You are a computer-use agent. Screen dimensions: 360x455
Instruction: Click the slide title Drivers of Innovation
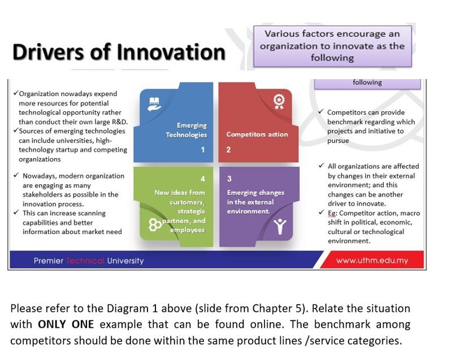pos(118,52)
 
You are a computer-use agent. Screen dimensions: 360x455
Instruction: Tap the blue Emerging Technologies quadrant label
pos(187,130)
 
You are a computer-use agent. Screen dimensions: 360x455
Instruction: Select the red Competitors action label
pos(257,135)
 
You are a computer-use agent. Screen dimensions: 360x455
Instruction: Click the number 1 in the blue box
pos(202,150)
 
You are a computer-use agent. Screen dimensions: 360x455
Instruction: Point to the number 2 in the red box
pos(228,150)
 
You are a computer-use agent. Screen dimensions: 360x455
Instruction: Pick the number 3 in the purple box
pos(229,179)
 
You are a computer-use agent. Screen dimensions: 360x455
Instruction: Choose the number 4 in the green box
pos(202,179)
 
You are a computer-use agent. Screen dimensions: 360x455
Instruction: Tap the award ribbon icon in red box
pos(278,101)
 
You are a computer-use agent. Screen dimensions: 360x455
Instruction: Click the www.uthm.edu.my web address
pos(371,261)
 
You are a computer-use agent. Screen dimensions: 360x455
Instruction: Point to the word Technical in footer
pos(85,261)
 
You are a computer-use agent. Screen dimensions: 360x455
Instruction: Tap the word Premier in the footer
pos(49,261)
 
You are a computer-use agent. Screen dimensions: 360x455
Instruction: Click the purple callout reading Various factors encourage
pos(332,46)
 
